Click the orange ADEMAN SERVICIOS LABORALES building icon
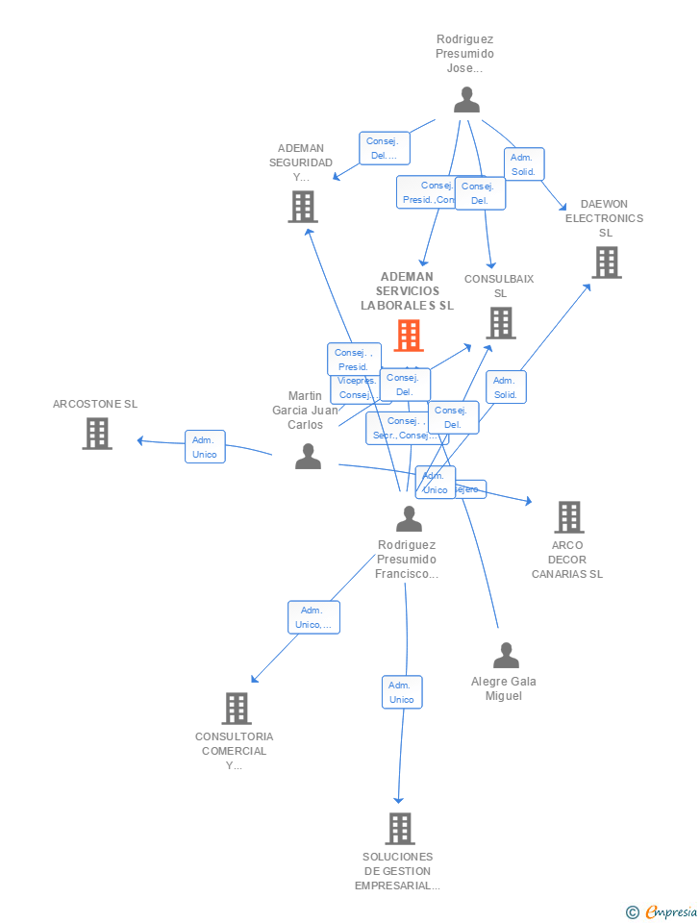click(x=409, y=336)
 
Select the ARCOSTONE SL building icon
click(x=96, y=434)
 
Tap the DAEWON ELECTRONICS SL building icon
click(x=606, y=262)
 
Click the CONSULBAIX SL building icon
click(x=500, y=323)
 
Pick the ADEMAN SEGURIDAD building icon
click(x=302, y=207)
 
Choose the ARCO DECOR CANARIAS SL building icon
click(x=568, y=517)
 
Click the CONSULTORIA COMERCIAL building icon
click(x=236, y=709)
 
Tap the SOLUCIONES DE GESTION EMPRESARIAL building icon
click(x=399, y=828)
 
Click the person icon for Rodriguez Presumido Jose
click(x=466, y=100)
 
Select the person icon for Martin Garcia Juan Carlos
click(x=308, y=456)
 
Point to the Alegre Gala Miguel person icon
click(x=506, y=656)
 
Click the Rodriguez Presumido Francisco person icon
click(x=409, y=519)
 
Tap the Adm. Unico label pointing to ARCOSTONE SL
click(x=205, y=447)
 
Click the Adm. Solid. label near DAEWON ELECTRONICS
click(x=523, y=164)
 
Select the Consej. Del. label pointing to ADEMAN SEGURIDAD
click(x=384, y=148)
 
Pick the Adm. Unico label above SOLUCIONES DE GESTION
click(x=402, y=692)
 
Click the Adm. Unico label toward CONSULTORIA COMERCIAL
click(x=313, y=617)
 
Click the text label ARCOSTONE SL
click(x=95, y=404)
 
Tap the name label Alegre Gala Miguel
click(x=504, y=688)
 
